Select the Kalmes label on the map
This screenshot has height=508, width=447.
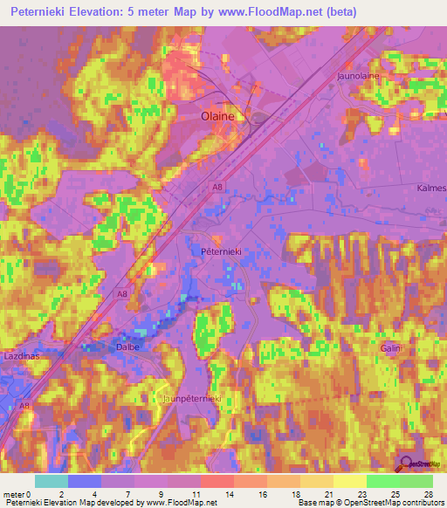[431, 189]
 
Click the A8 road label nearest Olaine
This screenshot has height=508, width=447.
[216, 186]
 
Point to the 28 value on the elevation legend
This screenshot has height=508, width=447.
[428, 493]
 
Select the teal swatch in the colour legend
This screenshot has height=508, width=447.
[52, 481]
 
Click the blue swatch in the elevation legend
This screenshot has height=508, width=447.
[85, 481]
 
